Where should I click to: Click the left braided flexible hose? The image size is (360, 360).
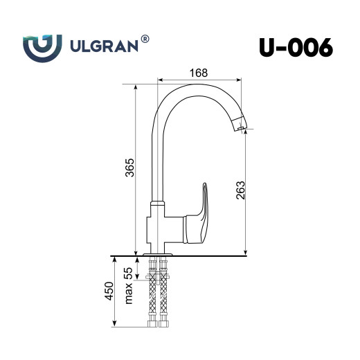(152, 298)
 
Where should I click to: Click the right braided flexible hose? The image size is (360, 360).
(164, 298)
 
